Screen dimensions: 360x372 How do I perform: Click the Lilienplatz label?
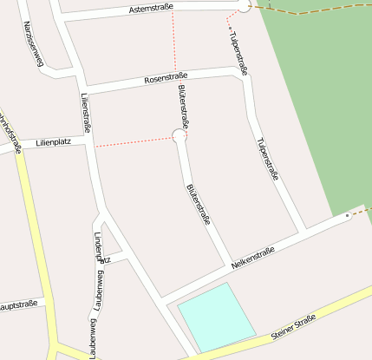coord(53,141)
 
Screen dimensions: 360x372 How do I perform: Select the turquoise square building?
coord(216,317)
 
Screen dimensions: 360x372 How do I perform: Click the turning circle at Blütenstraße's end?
coord(179,134)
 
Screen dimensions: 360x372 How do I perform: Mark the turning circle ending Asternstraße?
coord(244,6)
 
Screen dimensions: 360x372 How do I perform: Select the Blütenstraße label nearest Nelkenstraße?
coord(199,205)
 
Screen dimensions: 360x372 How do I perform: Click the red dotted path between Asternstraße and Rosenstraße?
coord(175,43)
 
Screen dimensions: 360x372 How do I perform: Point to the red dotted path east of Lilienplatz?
coord(134,141)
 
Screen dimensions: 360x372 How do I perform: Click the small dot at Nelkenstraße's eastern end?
coord(347,214)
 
